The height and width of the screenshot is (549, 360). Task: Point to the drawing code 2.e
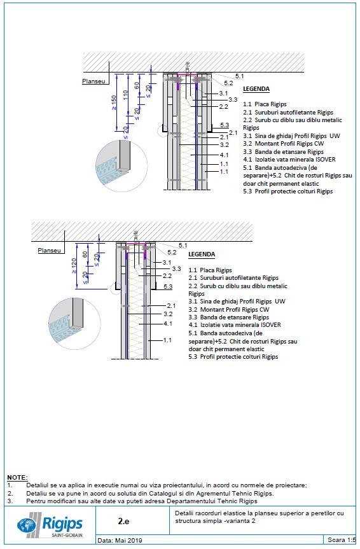(x=125, y=520)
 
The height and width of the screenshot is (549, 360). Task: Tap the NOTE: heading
(x=17, y=477)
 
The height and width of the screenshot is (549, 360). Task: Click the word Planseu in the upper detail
(x=93, y=81)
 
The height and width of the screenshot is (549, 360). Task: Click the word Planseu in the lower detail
(x=50, y=251)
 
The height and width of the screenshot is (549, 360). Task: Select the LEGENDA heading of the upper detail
(x=256, y=89)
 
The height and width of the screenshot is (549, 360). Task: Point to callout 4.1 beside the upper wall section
(x=224, y=155)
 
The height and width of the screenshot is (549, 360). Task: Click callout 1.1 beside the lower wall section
(x=167, y=340)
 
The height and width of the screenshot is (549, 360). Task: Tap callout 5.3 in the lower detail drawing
(x=168, y=287)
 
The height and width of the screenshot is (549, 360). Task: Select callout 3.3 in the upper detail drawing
(x=233, y=100)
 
